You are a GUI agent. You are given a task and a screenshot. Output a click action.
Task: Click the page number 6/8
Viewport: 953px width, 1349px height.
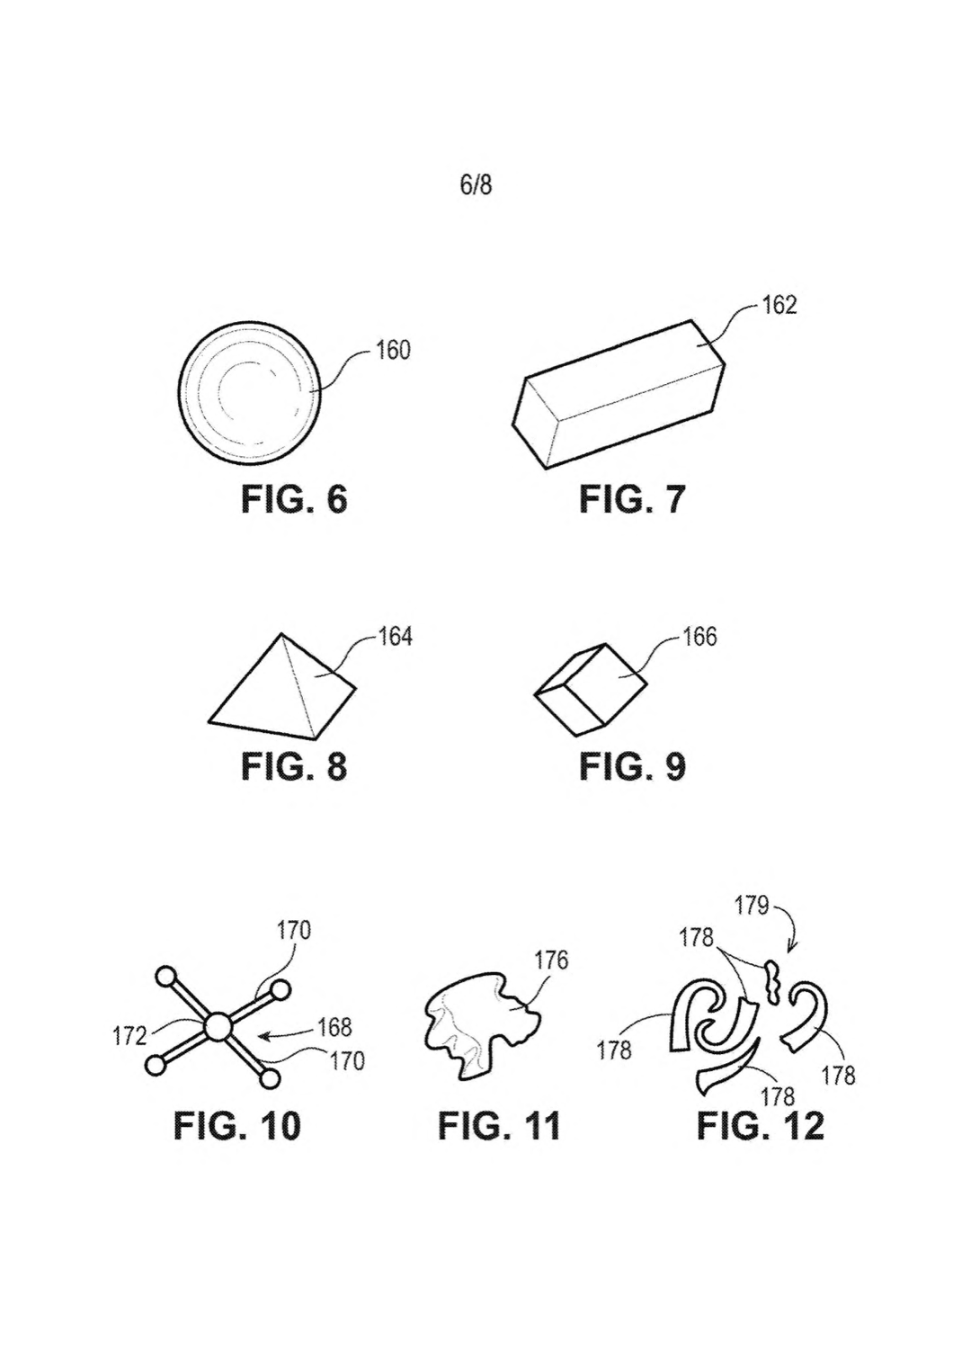point(476,185)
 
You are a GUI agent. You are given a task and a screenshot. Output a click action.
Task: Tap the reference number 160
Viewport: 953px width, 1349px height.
point(393,351)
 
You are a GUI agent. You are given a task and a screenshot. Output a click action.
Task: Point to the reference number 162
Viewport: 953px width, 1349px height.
point(779,306)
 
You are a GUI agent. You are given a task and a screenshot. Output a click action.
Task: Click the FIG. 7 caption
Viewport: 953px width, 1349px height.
point(632,500)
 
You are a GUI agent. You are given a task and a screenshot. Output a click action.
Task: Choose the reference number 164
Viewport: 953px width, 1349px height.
point(395,637)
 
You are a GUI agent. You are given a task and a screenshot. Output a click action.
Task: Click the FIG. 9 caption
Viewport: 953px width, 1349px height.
point(632,766)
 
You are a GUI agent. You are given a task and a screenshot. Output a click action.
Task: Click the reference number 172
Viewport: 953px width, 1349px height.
point(129,1036)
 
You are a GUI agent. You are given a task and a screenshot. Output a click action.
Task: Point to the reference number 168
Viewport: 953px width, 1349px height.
point(335,1027)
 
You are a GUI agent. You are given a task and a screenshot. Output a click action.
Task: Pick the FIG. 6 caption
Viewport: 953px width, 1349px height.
point(294,500)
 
